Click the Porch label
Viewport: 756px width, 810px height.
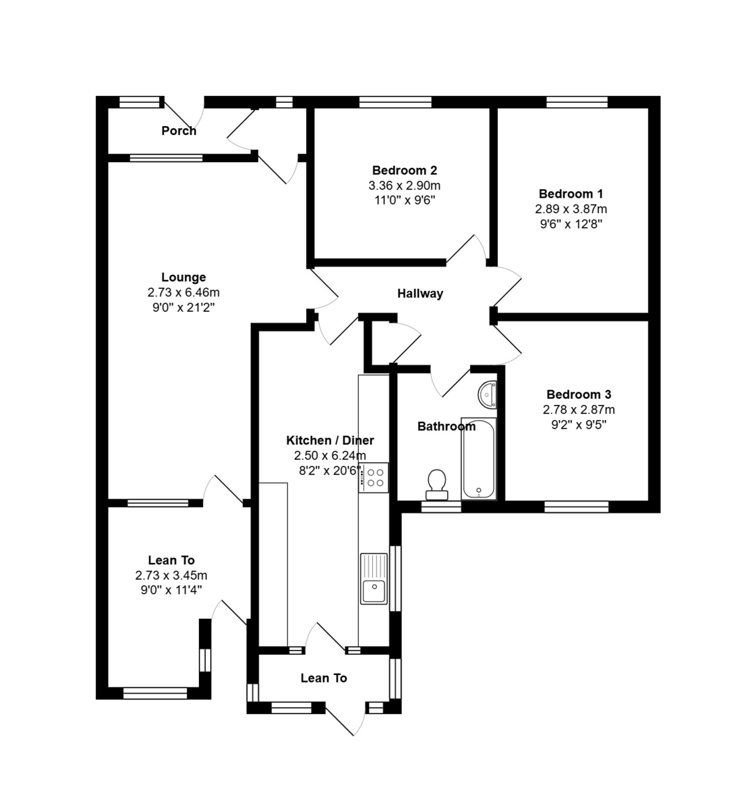[x=179, y=131]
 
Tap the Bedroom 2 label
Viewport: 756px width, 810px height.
[x=405, y=171]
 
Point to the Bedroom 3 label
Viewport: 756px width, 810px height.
[x=579, y=394]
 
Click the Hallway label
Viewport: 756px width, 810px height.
[x=419, y=294]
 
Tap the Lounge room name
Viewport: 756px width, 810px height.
[x=183, y=277]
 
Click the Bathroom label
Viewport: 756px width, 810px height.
[x=446, y=427]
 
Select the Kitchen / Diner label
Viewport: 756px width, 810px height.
[x=330, y=441]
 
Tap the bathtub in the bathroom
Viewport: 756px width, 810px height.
[x=479, y=459]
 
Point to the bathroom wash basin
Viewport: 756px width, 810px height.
[x=488, y=394]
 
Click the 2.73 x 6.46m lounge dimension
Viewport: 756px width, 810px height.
[x=183, y=293]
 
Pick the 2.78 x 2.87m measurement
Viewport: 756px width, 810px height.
[x=579, y=410]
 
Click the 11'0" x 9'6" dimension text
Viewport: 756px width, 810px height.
[x=405, y=200]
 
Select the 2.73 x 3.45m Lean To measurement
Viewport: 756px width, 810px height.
[x=171, y=576]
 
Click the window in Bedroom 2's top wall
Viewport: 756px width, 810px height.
[x=395, y=103]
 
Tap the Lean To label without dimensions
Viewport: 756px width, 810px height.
[x=324, y=678]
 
